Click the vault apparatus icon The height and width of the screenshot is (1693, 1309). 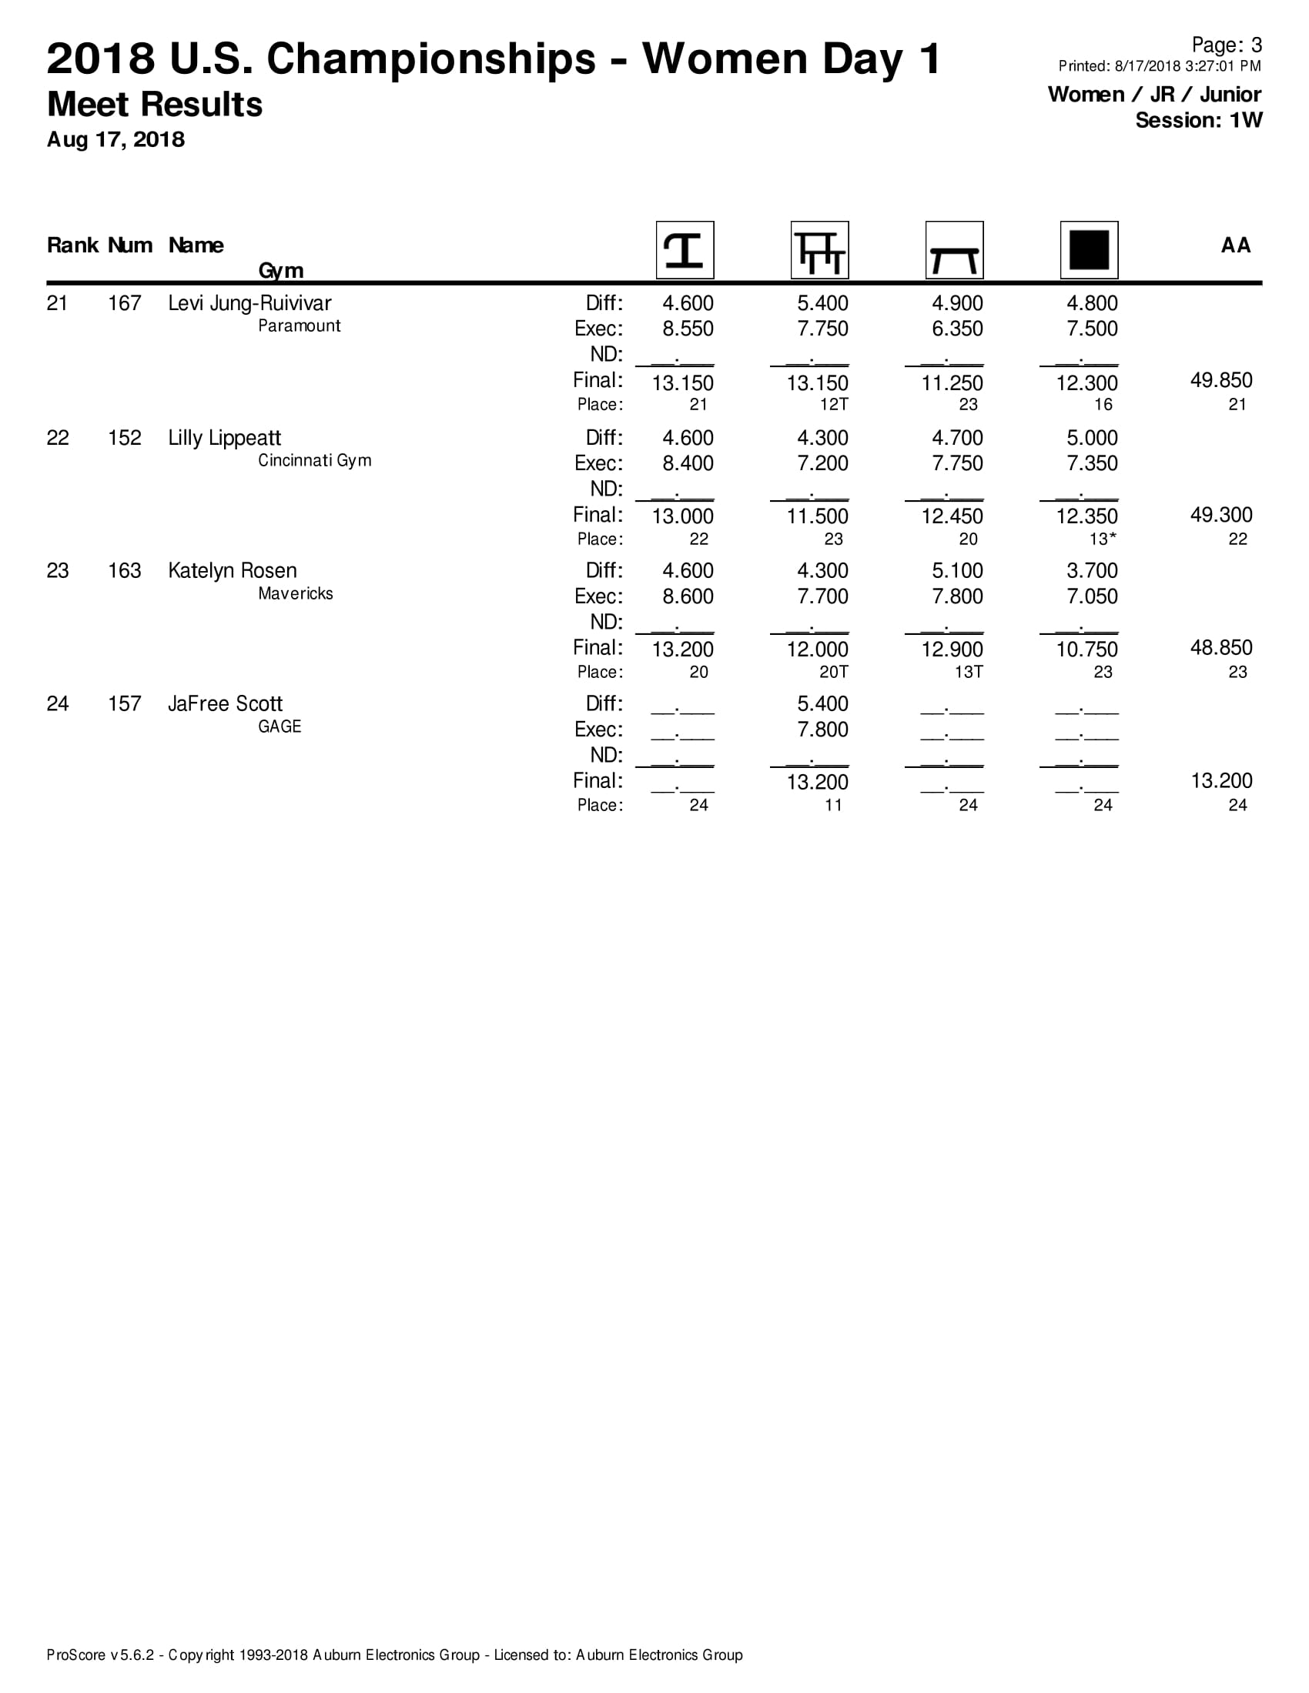pos(685,250)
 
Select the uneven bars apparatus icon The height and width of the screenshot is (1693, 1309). pos(820,250)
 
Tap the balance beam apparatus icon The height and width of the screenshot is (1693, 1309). pos(954,250)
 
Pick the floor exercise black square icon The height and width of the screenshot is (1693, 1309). pos(1089,250)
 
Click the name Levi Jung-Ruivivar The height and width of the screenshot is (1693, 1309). pos(249,303)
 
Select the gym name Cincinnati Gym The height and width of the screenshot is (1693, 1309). pos(314,460)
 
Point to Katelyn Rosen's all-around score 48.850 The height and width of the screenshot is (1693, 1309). pos(1220,647)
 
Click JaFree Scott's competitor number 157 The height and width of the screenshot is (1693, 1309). pos(124,704)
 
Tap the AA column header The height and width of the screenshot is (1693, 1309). pos(1235,245)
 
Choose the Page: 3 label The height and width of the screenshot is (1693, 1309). pos(1226,45)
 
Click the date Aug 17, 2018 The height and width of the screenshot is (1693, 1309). pos(115,139)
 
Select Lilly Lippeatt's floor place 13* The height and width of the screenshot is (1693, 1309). pos(1103,539)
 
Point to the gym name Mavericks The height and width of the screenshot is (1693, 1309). pos(296,594)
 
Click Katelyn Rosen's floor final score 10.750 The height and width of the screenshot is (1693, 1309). pos(1086,649)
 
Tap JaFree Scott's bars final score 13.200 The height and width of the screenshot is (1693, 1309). pos(817,782)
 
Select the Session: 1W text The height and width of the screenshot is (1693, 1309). pos(1198,120)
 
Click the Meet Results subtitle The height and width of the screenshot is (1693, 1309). pos(154,105)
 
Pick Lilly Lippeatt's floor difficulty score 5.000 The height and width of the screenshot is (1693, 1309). pos(1092,438)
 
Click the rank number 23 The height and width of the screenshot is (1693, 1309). pos(58,571)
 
